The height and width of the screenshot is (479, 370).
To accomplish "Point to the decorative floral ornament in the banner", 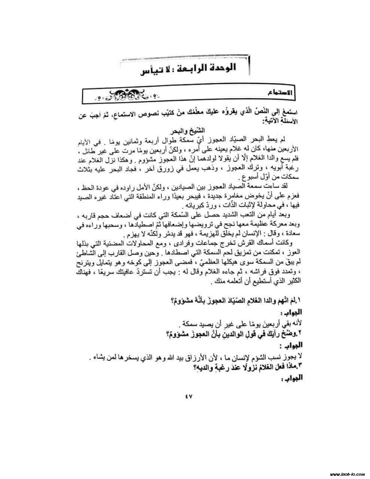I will point(127,95).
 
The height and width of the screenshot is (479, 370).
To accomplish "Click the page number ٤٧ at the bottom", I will point(187,397).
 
